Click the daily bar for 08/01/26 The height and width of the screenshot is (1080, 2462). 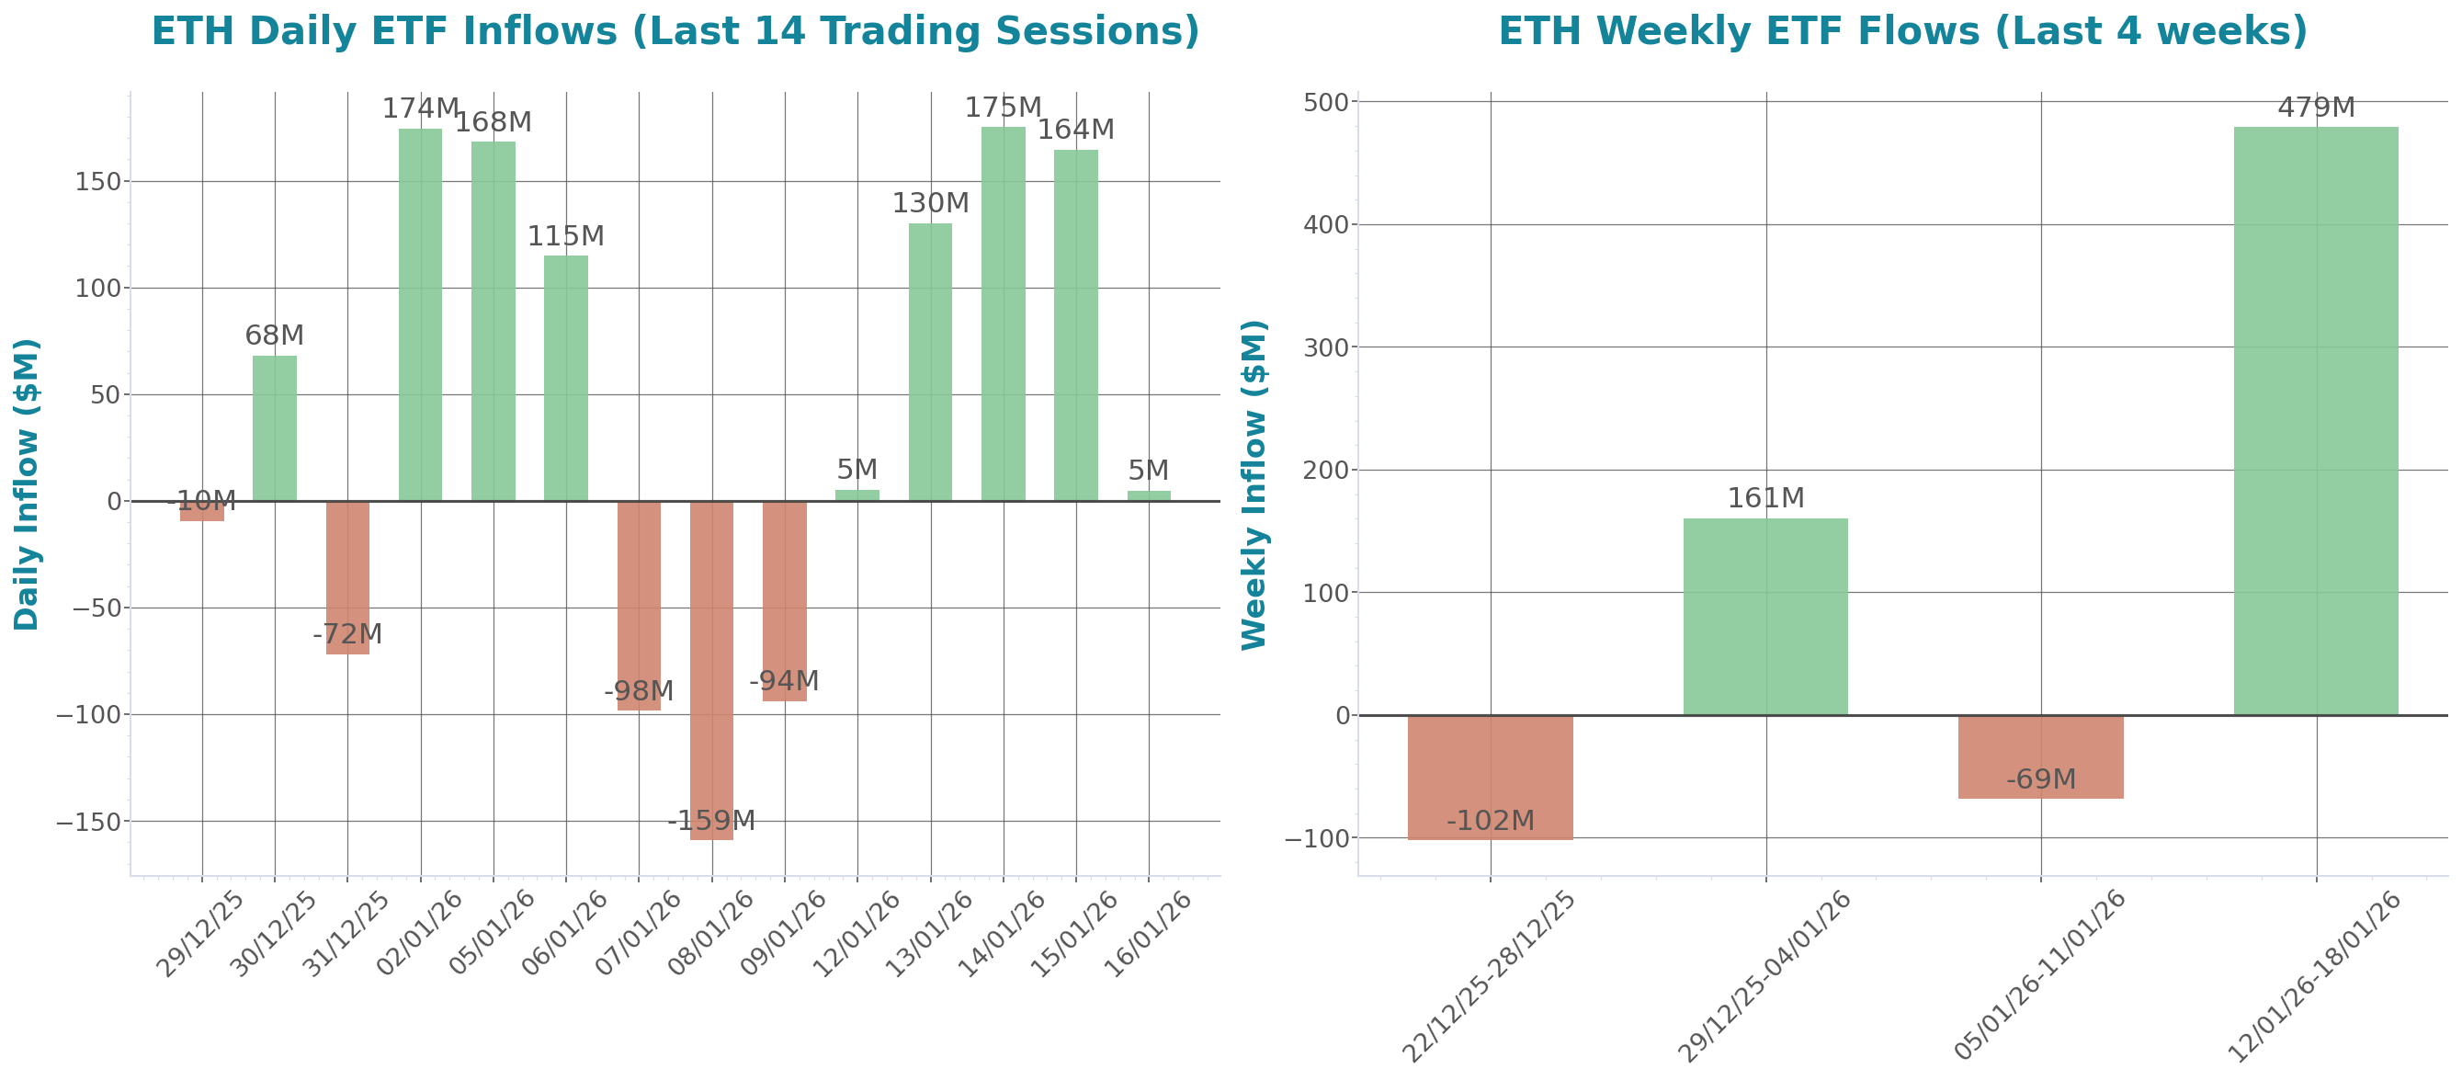pos(711,669)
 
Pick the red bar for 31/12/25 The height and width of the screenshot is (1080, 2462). pos(347,577)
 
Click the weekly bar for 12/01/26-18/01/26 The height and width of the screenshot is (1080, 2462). pos(2316,421)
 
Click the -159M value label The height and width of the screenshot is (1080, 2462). pos(711,820)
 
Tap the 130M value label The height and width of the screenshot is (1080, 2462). pos(930,202)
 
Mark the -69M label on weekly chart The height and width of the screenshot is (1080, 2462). pos(2040,779)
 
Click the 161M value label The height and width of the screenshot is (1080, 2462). pos(1765,498)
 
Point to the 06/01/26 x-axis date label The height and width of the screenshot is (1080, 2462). pos(564,932)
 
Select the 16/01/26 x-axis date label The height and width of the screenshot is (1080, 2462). pos(1147,932)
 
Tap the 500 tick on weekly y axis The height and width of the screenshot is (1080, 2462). pos(1325,102)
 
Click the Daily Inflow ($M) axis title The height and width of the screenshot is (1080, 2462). pos(27,483)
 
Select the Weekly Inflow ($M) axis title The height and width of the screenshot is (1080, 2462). pos(1253,483)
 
